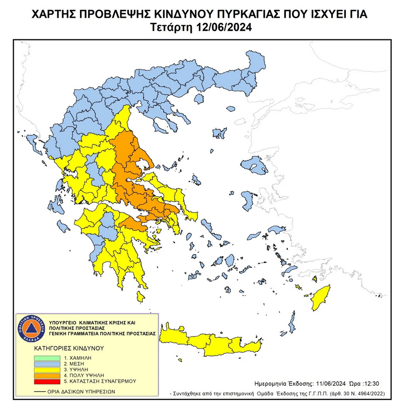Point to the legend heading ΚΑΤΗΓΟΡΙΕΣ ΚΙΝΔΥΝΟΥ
[68, 349]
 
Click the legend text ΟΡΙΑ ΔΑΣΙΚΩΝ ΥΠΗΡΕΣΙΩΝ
[81, 391]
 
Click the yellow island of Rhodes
[320, 300]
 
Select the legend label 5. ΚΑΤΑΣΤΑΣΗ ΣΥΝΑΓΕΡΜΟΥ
[93, 381]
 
